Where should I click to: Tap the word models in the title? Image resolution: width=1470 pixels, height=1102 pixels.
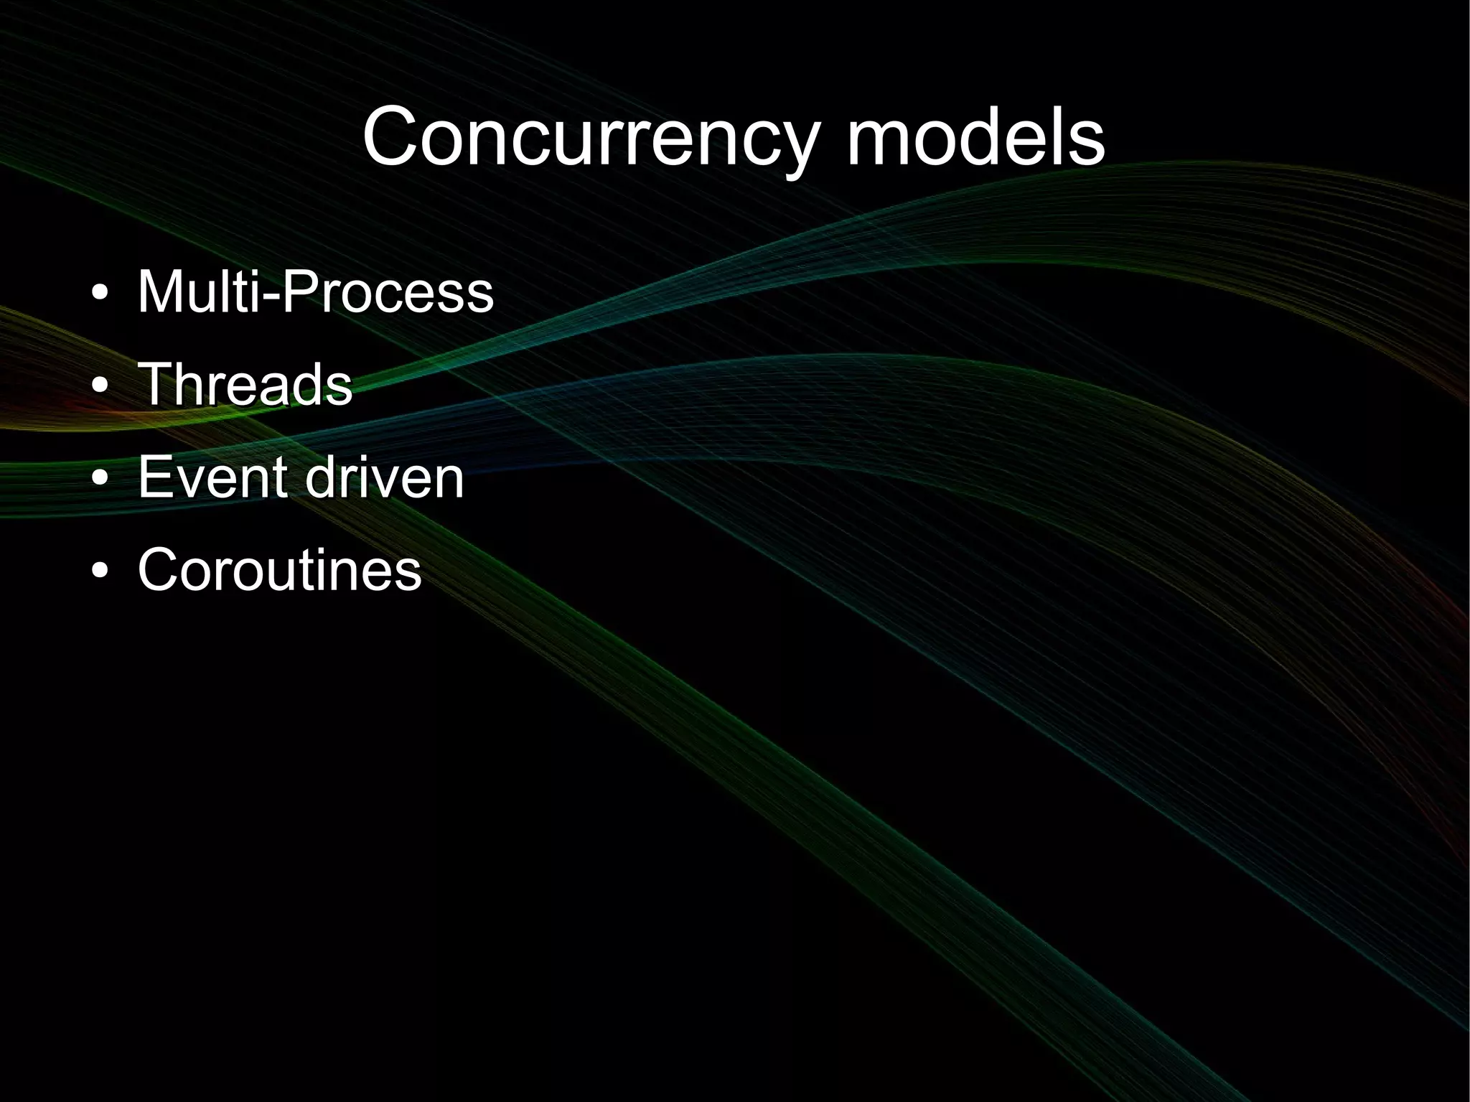[976, 136]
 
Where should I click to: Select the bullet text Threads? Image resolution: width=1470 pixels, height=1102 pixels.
[245, 384]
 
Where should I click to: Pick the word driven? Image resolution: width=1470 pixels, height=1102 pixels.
[385, 477]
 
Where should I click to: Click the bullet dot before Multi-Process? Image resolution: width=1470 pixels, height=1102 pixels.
[101, 294]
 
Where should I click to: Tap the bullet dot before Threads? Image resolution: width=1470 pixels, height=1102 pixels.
[101, 387]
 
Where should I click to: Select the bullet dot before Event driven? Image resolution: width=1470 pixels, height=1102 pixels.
[101, 479]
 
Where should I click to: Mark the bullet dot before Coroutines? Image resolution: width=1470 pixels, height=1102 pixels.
[101, 571]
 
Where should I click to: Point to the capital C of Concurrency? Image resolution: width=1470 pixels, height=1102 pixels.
[392, 136]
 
